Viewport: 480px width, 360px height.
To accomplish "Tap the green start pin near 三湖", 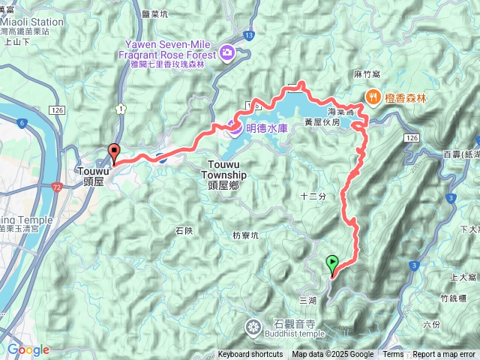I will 332,264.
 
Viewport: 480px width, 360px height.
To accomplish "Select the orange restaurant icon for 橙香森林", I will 372,96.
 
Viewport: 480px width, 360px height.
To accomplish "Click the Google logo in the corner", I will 28,349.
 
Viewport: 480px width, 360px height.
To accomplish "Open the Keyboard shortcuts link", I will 250,355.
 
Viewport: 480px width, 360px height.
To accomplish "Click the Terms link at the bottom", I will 393,355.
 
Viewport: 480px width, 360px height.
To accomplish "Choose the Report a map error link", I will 444,355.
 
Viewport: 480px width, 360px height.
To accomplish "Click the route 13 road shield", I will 248,35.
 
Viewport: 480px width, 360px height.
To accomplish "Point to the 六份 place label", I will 432,325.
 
